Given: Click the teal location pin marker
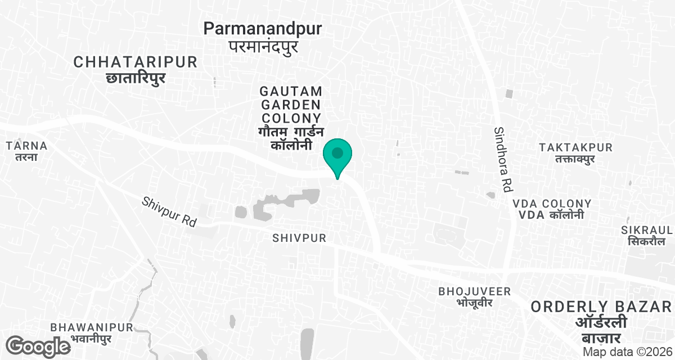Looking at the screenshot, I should coord(337,155).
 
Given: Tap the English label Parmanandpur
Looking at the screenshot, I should coord(263,28).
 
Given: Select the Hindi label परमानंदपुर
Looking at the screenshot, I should coord(263,46).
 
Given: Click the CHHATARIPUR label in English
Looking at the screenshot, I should coord(136,62).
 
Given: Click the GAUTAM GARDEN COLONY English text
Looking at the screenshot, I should coord(290,105).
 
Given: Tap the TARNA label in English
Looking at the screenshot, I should coord(26,146).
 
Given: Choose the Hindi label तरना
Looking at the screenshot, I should coord(26,157).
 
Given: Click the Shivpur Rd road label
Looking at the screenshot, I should coord(169,211).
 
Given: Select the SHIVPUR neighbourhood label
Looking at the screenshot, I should coord(299,238).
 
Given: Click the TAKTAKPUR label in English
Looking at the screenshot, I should coord(575,147).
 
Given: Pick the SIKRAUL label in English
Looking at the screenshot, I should coord(647,230).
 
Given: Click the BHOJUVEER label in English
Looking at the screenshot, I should coord(475,291).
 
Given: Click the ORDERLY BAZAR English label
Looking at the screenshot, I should coord(601,307).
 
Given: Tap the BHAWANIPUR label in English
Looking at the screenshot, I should coord(91,327).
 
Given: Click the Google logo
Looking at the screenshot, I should coord(38,346).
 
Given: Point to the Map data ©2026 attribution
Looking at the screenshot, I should coord(627,352).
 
